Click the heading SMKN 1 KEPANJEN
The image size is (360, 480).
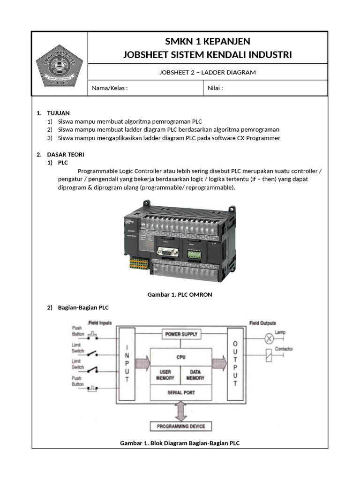coord(207,41)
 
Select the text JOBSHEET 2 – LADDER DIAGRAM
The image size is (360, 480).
coord(207,72)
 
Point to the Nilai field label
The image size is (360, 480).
coord(215,88)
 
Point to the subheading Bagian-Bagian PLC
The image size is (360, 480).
coord(83,307)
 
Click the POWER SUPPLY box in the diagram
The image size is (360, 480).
coord(181,334)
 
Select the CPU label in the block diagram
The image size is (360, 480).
coord(181,357)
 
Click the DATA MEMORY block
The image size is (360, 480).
coord(195,375)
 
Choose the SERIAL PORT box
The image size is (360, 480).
coord(181,392)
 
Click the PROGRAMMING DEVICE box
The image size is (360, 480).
coord(181,427)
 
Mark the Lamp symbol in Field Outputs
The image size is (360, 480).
coord(269,337)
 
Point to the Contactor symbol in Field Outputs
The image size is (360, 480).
coord(269,355)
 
